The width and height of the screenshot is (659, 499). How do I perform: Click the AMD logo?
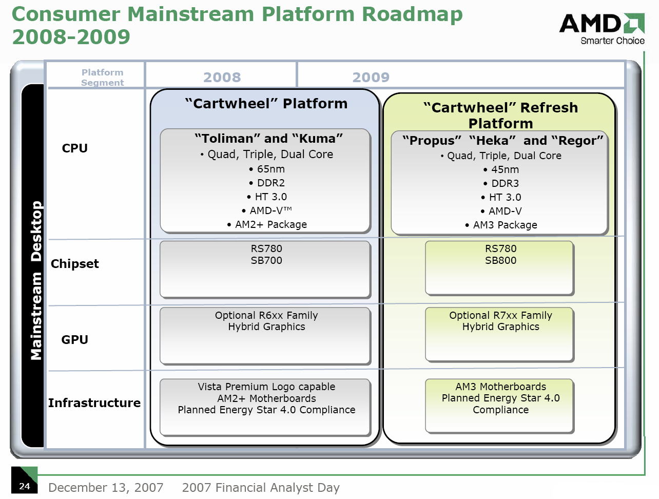pyautogui.click(x=602, y=29)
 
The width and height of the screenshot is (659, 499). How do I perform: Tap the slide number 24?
pyautogui.click(x=24, y=486)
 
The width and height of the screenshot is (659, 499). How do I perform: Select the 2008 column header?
pyautogui.click(x=222, y=77)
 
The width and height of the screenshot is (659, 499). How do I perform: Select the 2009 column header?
pyautogui.click(x=371, y=77)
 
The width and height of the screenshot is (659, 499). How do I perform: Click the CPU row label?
pyautogui.click(x=74, y=148)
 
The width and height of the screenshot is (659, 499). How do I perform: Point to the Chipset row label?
pyautogui.click(x=74, y=263)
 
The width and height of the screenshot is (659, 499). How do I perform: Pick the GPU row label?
pyautogui.click(x=74, y=339)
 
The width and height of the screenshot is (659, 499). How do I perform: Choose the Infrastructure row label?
pyautogui.click(x=94, y=402)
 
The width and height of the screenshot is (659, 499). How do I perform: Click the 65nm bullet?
pyautogui.click(x=267, y=169)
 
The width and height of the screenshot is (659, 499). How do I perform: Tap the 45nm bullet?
pyautogui.click(x=501, y=169)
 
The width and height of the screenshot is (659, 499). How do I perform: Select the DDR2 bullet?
pyautogui.click(x=267, y=183)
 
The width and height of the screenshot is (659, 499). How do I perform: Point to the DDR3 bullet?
pyautogui.click(x=501, y=183)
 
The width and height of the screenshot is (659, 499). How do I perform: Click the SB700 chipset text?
pyautogui.click(x=266, y=260)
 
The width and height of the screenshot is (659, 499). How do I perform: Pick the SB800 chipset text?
pyautogui.click(x=500, y=260)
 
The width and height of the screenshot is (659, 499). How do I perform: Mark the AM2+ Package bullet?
pyautogui.click(x=267, y=224)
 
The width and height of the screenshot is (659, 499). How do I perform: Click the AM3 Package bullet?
pyautogui.click(x=501, y=225)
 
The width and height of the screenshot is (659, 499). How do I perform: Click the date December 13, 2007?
pyautogui.click(x=106, y=488)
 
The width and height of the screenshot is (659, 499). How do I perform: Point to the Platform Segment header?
pyautogui.click(x=102, y=78)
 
